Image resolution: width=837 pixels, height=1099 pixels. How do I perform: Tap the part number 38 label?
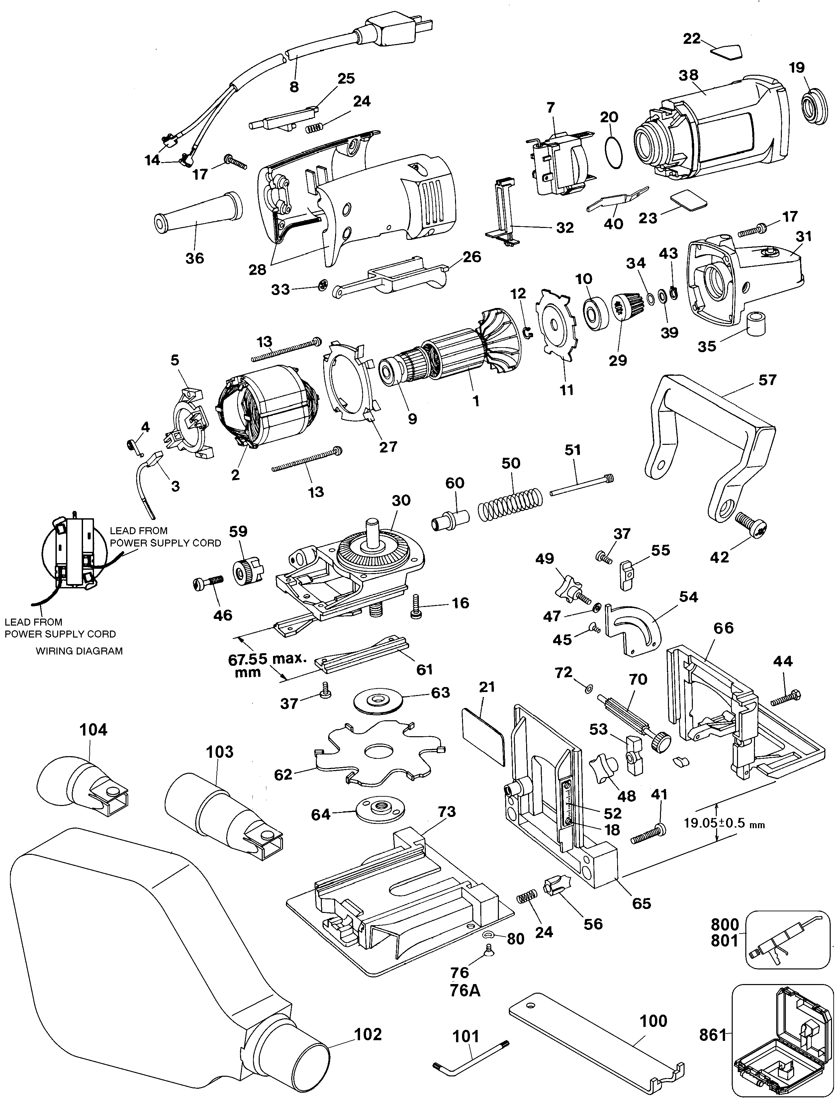(x=688, y=75)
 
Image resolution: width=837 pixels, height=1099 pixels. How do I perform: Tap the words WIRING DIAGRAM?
(x=79, y=651)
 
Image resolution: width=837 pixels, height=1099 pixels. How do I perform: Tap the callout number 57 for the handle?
(x=767, y=380)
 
